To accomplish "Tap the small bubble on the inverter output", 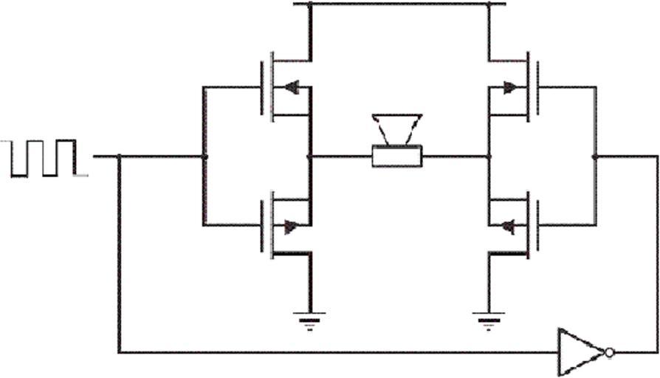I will pyautogui.click(x=608, y=352).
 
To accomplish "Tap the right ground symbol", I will pyautogui.click(x=488, y=319).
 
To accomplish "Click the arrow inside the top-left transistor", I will pyautogui.click(x=291, y=87).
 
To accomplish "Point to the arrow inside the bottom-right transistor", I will pyautogui.click(x=507, y=227).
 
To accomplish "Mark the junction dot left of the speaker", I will pyautogui.click(x=309, y=157).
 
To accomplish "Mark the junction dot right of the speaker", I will pyautogui.click(x=488, y=157).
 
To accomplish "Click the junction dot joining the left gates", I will pyautogui.click(x=204, y=157).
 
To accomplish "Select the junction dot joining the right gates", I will pyautogui.click(x=595, y=157).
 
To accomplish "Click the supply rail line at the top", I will pyautogui.click(x=399, y=4).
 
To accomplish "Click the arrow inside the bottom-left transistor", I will pyautogui.click(x=291, y=227).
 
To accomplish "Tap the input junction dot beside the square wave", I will pyautogui.click(x=119, y=157).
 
